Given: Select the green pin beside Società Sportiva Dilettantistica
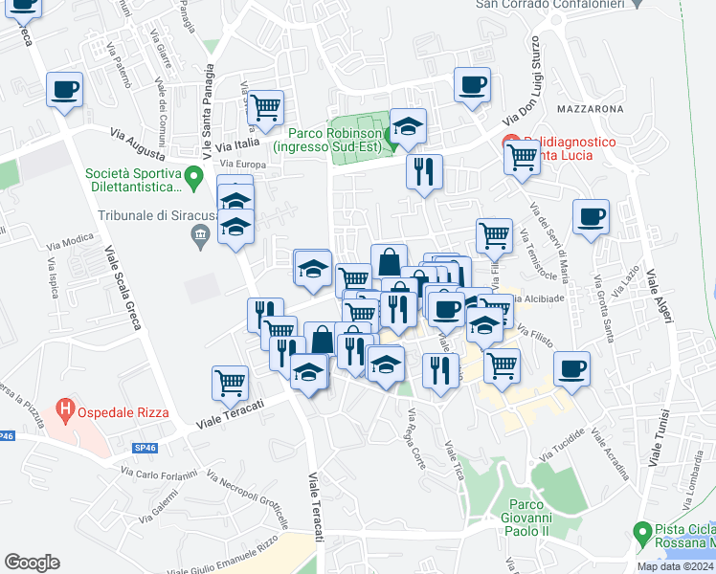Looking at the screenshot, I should tap(192, 177).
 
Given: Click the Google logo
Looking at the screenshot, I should tap(32, 562).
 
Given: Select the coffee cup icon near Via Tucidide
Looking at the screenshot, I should tap(571, 368).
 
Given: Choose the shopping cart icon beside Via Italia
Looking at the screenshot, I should tap(265, 107).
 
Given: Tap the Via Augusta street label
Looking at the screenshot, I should tap(138, 143).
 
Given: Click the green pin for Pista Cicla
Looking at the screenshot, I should tap(643, 531).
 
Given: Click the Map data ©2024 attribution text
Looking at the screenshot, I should tap(676, 566).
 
